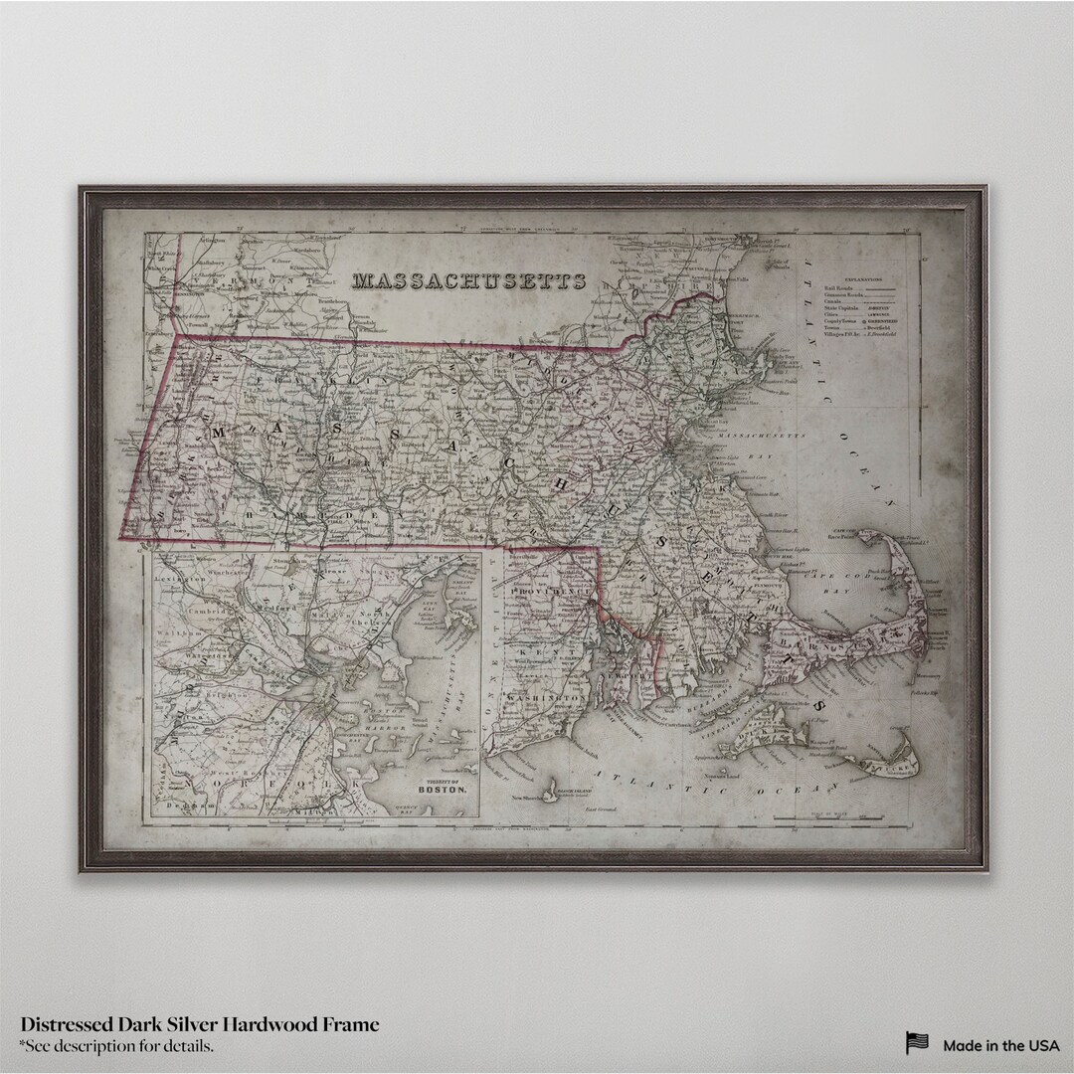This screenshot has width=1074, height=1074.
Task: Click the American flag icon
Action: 917,1043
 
